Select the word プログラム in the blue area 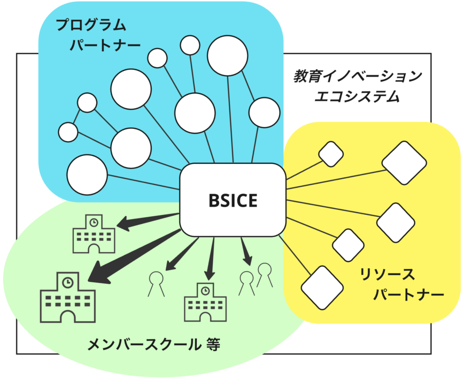91,25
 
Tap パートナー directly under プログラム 105,45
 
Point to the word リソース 387,275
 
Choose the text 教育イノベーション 358,76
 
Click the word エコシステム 358,97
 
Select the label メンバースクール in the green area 143,345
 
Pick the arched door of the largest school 68,317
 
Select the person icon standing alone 156,283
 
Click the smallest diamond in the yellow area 331,154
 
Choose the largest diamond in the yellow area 404,163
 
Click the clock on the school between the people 205,290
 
